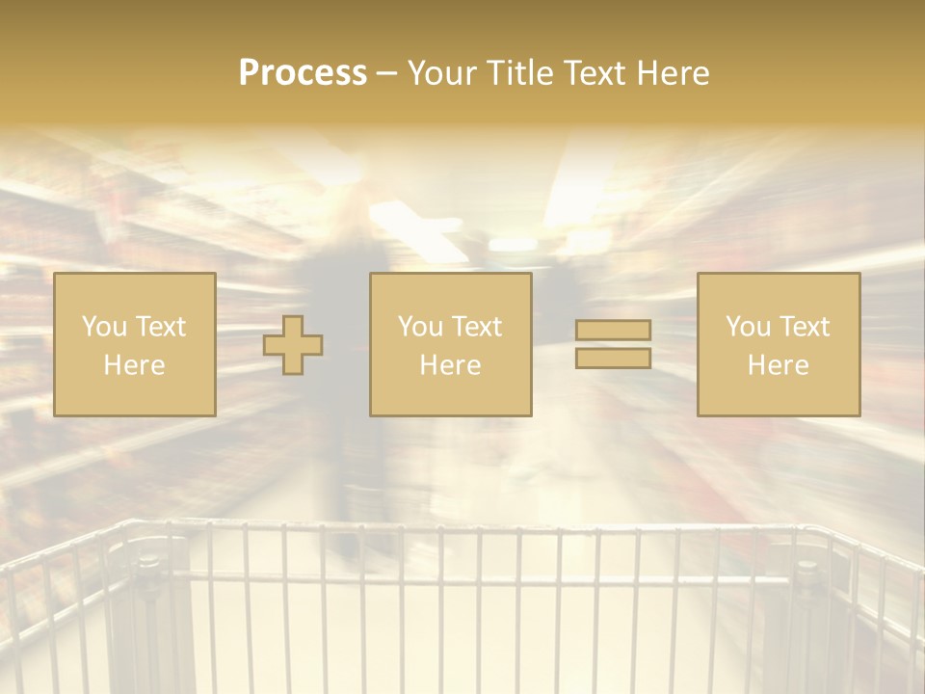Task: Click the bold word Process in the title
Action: coord(303,73)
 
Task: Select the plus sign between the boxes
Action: coord(293,345)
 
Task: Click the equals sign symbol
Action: coord(613,344)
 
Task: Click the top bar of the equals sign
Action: coord(613,331)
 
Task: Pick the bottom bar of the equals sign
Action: coord(613,358)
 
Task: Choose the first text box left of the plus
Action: coord(135,344)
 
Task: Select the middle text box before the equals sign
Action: coord(450,344)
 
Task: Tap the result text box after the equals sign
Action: coord(779,344)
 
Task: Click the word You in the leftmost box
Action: coord(102,327)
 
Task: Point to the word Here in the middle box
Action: coord(450,365)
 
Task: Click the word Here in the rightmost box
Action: coord(779,365)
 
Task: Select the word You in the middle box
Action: coord(419,327)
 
